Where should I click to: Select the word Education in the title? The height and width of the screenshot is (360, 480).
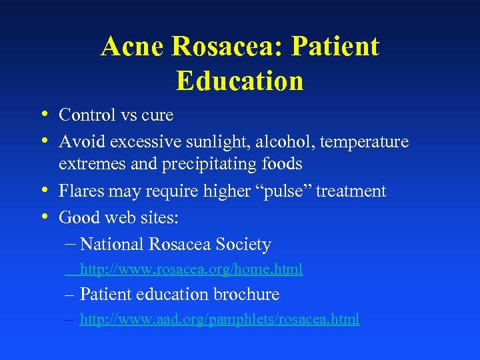240,81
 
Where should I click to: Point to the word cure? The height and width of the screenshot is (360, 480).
157,115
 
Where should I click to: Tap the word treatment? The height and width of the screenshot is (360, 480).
351,191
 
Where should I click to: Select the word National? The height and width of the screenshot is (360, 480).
111,245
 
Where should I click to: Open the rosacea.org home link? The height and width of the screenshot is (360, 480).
191,269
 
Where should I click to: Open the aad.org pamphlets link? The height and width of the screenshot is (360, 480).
219,319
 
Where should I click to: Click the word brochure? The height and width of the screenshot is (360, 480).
248,294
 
